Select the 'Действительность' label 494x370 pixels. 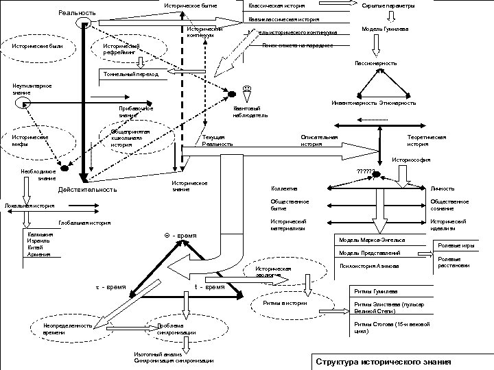pyautogui.click(x=87, y=190)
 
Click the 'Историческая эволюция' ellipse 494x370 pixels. pyautogui.click(x=274, y=272)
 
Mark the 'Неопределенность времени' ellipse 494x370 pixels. pyautogui.click(x=68, y=328)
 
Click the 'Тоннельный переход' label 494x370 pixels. pyautogui.click(x=130, y=74)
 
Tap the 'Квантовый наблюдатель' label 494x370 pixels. pyautogui.click(x=246, y=111)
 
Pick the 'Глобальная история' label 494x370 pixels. pyautogui.click(x=84, y=223)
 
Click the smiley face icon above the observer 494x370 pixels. pyautogui.click(x=247, y=88)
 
